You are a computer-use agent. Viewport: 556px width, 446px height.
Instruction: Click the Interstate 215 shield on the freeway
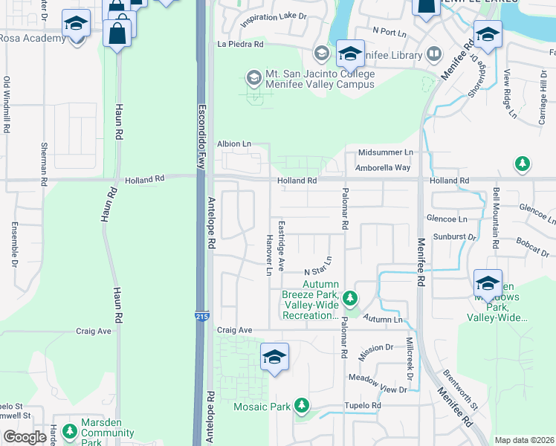point(202,317)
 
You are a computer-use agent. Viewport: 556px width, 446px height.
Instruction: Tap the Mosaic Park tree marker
point(302,406)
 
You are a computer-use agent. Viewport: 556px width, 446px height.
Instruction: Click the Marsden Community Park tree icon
point(69,431)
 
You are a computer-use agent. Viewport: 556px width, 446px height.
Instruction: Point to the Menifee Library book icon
point(433,54)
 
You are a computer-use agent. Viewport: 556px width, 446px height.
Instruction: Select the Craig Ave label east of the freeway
point(235,330)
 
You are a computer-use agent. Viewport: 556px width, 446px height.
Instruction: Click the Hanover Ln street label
point(269,253)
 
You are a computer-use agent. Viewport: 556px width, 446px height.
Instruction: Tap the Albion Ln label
point(234,143)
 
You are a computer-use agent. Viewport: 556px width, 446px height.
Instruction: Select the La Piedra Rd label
point(240,45)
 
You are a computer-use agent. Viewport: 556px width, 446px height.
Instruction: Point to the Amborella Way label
point(383,168)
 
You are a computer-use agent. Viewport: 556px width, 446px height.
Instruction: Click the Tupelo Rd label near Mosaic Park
point(362,406)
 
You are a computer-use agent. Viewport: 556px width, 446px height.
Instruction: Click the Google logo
point(25,437)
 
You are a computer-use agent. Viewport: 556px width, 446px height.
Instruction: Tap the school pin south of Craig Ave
point(274,356)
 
